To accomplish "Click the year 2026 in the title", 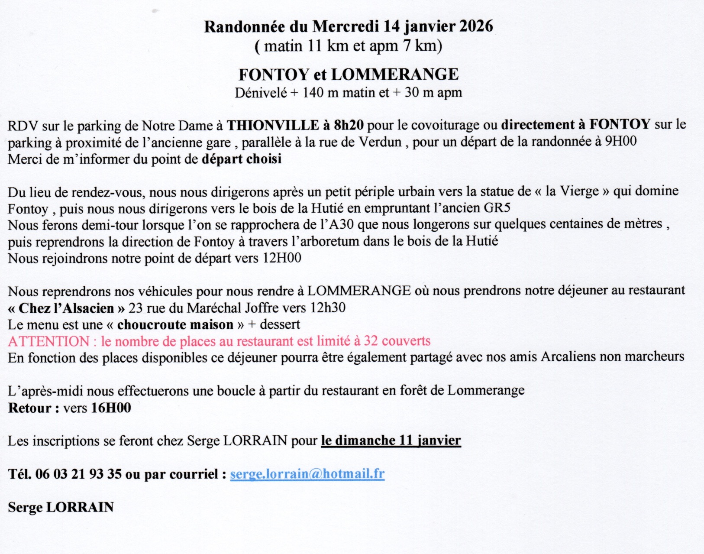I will tap(476, 26).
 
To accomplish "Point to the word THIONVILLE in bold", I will tap(273, 125).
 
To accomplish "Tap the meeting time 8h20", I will tap(349, 125).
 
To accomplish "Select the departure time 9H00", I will tap(620, 142).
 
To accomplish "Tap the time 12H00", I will tap(282, 258).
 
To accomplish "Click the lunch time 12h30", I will tap(328, 308).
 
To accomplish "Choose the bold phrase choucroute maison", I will tap(175, 324).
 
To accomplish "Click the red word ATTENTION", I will tap(48, 341).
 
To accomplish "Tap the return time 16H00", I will tap(111, 408).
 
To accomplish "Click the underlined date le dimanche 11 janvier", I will tap(391, 441).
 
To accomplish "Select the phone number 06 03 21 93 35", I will tap(78, 474).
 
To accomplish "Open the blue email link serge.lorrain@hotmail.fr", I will tap(307, 474).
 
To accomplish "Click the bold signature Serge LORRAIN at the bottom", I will tap(61, 507).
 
